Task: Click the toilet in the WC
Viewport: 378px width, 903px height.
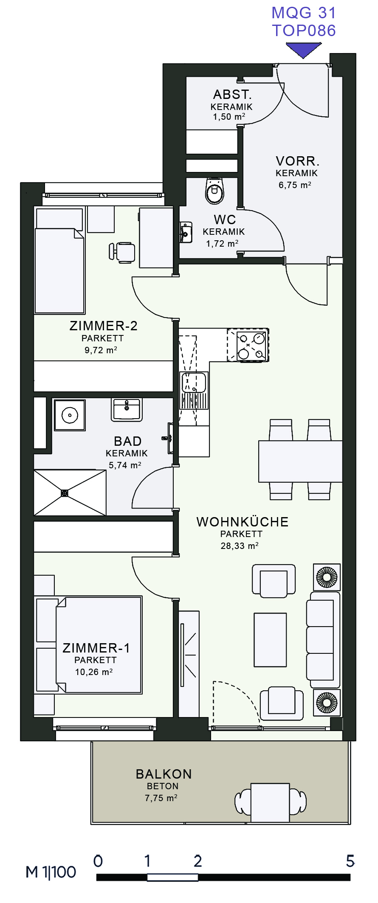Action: [214, 191]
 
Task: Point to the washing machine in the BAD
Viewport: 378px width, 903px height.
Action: [70, 415]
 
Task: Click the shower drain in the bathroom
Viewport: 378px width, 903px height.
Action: [65, 493]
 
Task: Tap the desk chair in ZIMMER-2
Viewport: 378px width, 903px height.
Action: [122, 252]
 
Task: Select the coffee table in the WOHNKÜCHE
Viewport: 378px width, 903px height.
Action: [270, 639]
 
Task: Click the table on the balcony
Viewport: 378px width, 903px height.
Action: [270, 802]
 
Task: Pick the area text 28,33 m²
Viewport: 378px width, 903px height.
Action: [240, 546]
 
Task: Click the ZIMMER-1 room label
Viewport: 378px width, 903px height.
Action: [96, 648]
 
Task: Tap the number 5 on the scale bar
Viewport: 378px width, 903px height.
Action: [350, 861]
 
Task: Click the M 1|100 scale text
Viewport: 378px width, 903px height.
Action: [51, 872]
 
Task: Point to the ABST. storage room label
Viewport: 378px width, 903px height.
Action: [232, 94]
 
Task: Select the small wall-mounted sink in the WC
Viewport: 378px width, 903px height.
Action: [185, 232]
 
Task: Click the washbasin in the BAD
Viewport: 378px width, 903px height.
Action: [127, 409]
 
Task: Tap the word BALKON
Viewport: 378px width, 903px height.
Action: [164, 774]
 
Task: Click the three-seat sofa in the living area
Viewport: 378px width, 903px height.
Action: [323, 639]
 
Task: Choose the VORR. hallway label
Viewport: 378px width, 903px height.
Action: [297, 161]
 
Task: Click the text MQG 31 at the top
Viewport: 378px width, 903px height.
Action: [304, 13]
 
